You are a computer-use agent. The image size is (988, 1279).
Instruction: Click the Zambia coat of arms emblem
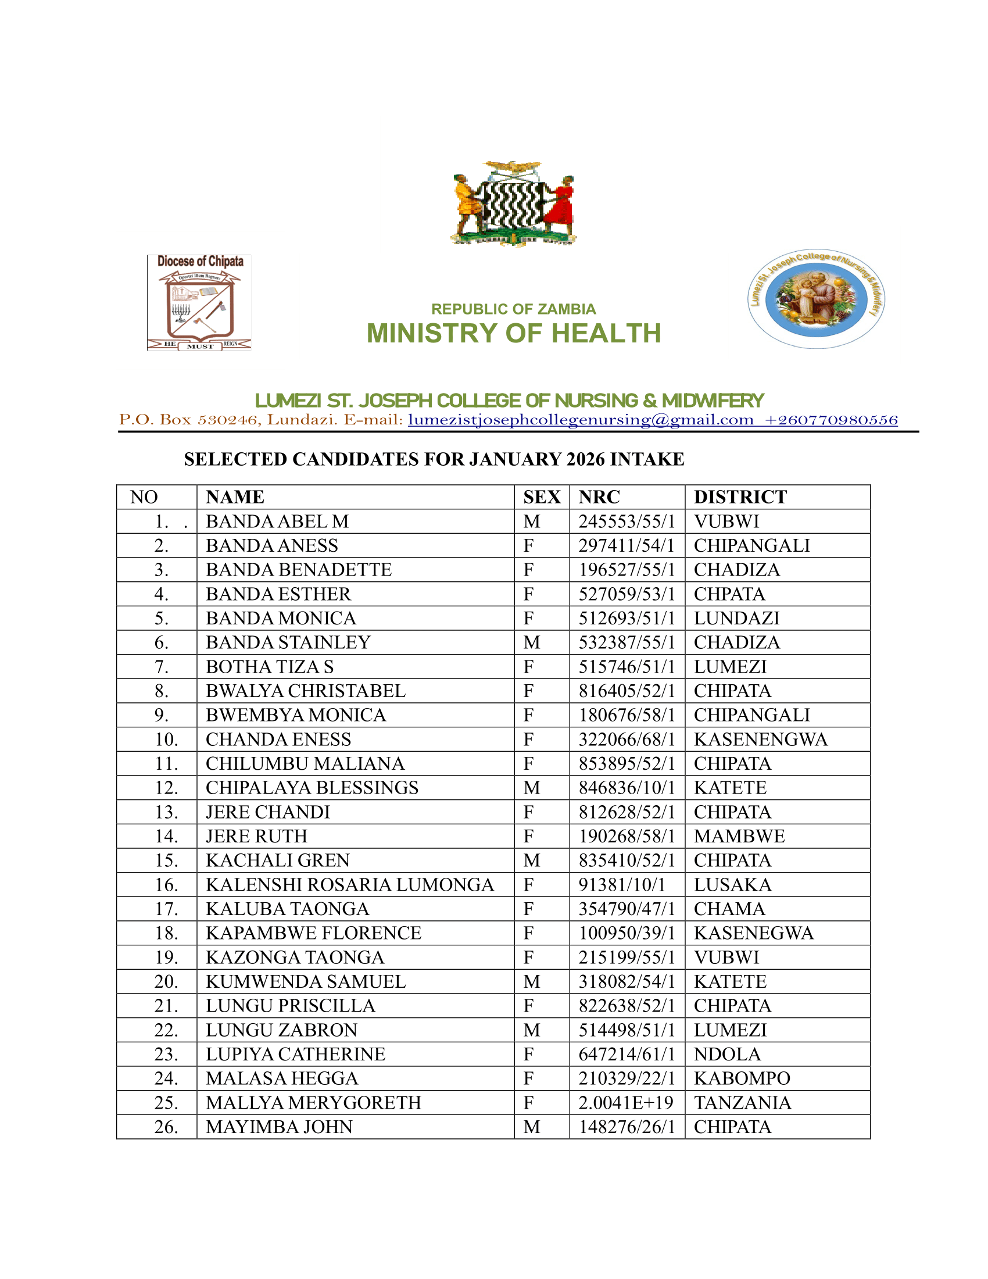point(513,203)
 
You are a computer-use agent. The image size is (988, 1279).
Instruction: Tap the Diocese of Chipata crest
point(199,302)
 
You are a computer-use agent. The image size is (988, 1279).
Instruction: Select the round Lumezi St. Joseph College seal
point(816,299)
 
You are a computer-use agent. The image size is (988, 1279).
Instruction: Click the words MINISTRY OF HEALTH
point(513,333)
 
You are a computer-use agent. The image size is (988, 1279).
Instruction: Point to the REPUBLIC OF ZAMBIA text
point(513,309)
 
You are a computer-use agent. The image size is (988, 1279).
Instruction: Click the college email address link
point(580,420)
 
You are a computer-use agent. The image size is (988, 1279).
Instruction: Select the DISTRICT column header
point(740,496)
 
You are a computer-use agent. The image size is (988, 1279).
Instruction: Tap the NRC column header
point(599,496)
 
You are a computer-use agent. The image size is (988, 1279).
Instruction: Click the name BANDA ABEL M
point(277,521)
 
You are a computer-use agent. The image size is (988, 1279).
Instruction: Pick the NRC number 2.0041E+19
point(625,1102)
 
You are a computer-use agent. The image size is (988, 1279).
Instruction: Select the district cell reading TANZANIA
point(742,1102)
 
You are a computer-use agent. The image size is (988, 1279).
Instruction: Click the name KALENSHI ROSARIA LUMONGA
point(349,884)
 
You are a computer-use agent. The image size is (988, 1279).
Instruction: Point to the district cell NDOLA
point(727,1053)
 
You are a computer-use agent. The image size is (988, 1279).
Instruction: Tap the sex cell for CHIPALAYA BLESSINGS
point(531,788)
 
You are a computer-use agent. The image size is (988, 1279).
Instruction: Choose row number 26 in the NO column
point(166,1127)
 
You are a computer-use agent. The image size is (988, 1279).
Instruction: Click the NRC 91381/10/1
point(622,884)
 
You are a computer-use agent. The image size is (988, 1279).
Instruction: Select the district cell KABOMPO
point(742,1078)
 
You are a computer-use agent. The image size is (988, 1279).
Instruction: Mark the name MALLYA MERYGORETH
point(313,1102)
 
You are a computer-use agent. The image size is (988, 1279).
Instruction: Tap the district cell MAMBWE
point(739,835)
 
